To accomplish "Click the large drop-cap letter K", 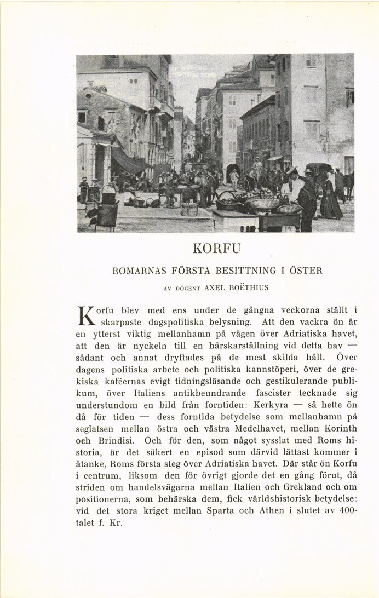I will coord(85,316).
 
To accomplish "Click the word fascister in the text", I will coord(279,394).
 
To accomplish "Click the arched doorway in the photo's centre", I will coord(233,171).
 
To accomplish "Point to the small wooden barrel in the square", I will coord(190,209).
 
